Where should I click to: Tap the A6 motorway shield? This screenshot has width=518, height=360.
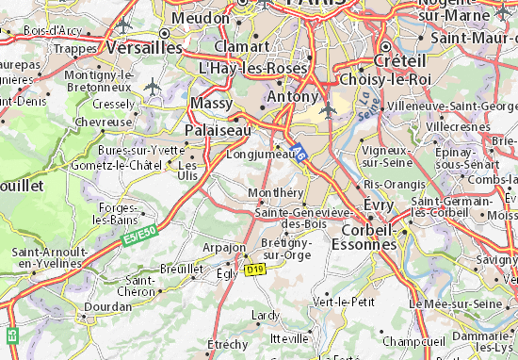299,151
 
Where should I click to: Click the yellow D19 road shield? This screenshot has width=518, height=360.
253,270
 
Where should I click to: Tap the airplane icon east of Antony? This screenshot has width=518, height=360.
327,110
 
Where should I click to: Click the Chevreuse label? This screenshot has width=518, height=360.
104,122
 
